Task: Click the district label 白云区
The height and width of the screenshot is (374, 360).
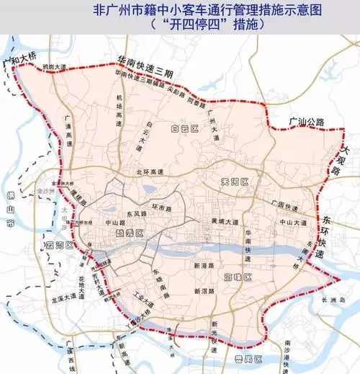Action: click(184, 129)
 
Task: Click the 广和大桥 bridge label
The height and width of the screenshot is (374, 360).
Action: click(20, 63)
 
